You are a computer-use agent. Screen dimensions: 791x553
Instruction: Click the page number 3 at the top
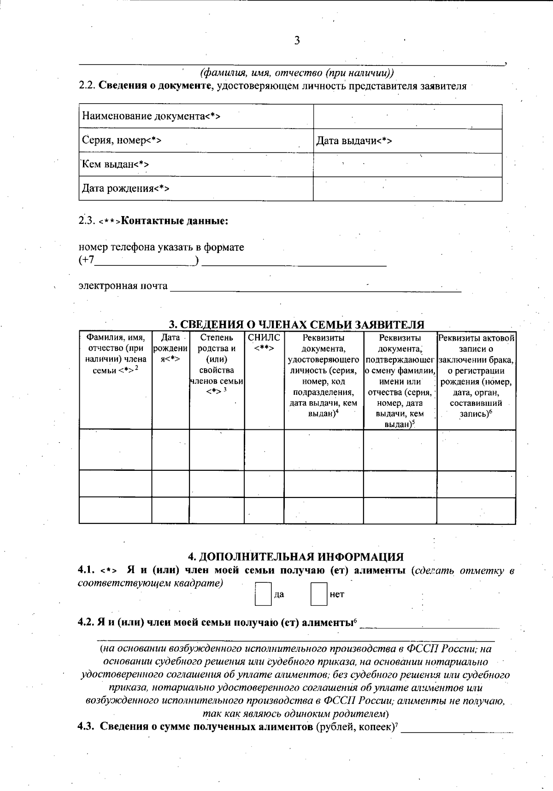point(297,41)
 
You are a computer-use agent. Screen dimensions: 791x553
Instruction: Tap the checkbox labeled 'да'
point(263,594)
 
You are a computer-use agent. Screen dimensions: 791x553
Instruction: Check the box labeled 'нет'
point(319,594)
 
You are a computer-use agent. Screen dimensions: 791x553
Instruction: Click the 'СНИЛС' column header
point(264,343)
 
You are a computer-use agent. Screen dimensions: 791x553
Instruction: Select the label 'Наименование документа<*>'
point(151,116)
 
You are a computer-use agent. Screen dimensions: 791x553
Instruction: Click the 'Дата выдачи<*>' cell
point(354,141)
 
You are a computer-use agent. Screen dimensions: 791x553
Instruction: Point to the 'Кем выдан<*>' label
point(115,164)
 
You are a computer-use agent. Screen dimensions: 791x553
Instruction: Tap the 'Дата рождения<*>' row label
point(125,188)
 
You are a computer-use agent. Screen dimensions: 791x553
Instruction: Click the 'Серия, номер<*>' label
point(122,141)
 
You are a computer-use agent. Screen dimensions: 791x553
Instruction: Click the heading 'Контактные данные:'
point(175,221)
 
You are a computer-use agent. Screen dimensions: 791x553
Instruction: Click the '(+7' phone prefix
point(87,261)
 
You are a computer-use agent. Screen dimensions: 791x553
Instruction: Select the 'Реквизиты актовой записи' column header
point(476,375)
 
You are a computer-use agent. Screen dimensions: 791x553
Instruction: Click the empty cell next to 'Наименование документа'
point(407,116)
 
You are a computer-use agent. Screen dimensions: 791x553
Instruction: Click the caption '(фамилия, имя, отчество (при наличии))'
point(297,73)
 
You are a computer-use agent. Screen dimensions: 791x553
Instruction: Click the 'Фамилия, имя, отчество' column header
point(116,354)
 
